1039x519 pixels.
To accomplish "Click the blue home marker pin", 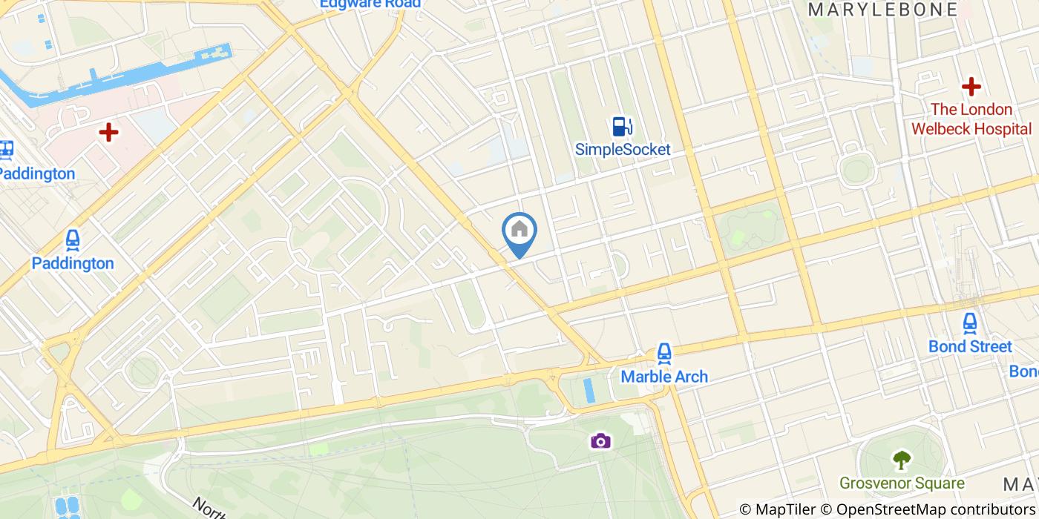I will (519, 231).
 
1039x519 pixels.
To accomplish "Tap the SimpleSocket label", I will (623, 150).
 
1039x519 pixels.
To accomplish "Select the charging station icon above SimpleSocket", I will (622, 127).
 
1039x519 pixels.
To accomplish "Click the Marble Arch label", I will (664, 377).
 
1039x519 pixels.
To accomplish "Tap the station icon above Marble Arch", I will (664, 354).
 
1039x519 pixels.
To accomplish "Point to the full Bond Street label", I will (970, 347).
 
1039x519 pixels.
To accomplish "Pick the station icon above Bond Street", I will (970, 324).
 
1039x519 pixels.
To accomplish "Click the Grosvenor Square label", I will (902, 483).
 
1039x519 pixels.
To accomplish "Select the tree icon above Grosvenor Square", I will (902, 460).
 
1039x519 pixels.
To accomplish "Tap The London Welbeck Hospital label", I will (971, 119).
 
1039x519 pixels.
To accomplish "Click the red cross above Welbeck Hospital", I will (971, 87).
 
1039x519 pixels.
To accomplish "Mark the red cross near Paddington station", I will (109, 133).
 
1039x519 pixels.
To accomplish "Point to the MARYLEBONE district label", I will (882, 10).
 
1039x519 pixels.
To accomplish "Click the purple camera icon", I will (600, 442).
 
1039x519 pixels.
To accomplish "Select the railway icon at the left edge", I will (7, 150).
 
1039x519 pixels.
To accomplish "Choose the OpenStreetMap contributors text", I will (928, 509).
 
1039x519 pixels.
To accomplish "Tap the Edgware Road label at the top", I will (370, 4).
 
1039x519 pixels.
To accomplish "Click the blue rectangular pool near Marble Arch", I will (590, 391).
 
